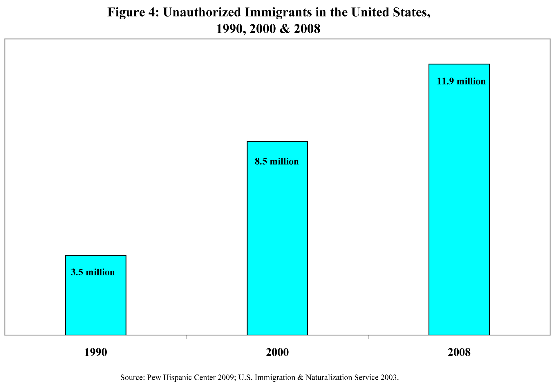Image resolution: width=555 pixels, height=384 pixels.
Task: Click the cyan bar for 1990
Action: click(x=95, y=302)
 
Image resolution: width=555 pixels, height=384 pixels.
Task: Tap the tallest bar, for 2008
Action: click(x=459, y=203)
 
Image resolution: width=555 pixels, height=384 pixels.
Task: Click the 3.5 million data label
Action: click(x=93, y=272)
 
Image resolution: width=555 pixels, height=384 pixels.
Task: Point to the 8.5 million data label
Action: click(x=277, y=161)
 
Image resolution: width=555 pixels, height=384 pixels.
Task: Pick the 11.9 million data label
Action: click(x=461, y=81)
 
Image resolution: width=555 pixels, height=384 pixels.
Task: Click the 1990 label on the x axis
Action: click(x=95, y=352)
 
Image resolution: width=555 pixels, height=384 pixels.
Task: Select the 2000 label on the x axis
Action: click(x=277, y=352)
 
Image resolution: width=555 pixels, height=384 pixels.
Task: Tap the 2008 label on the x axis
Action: click(x=459, y=352)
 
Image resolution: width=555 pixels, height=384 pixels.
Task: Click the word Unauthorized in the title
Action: click(x=202, y=12)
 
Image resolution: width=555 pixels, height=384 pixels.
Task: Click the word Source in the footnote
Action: click(x=132, y=377)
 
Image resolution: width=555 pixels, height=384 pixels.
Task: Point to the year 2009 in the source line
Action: click(x=226, y=377)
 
